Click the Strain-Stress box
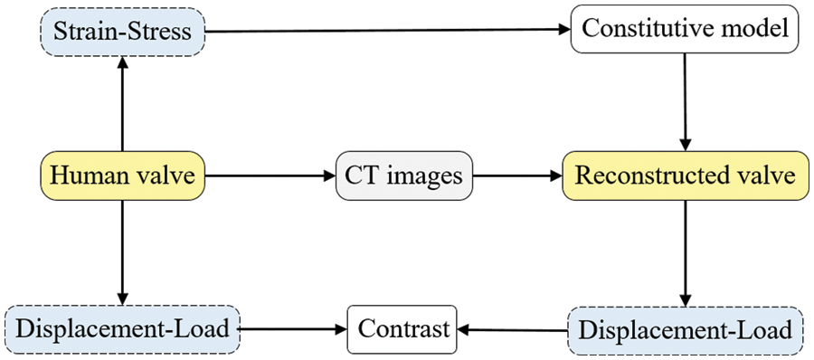[x=123, y=33]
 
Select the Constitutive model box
[x=686, y=28]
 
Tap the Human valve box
[x=123, y=175]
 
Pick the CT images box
[x=403, y=175]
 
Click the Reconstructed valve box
[x=685, y=175]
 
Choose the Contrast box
[x=402, y=329]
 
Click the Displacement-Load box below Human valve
[x=123, y=329]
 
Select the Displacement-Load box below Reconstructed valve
[x=686, y=329]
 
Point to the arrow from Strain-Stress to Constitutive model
[x=389, y=31]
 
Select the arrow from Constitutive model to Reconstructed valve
[x=686, y=99]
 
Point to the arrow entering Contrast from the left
[x=294, y=329]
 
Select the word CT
[x=360, y=175]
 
